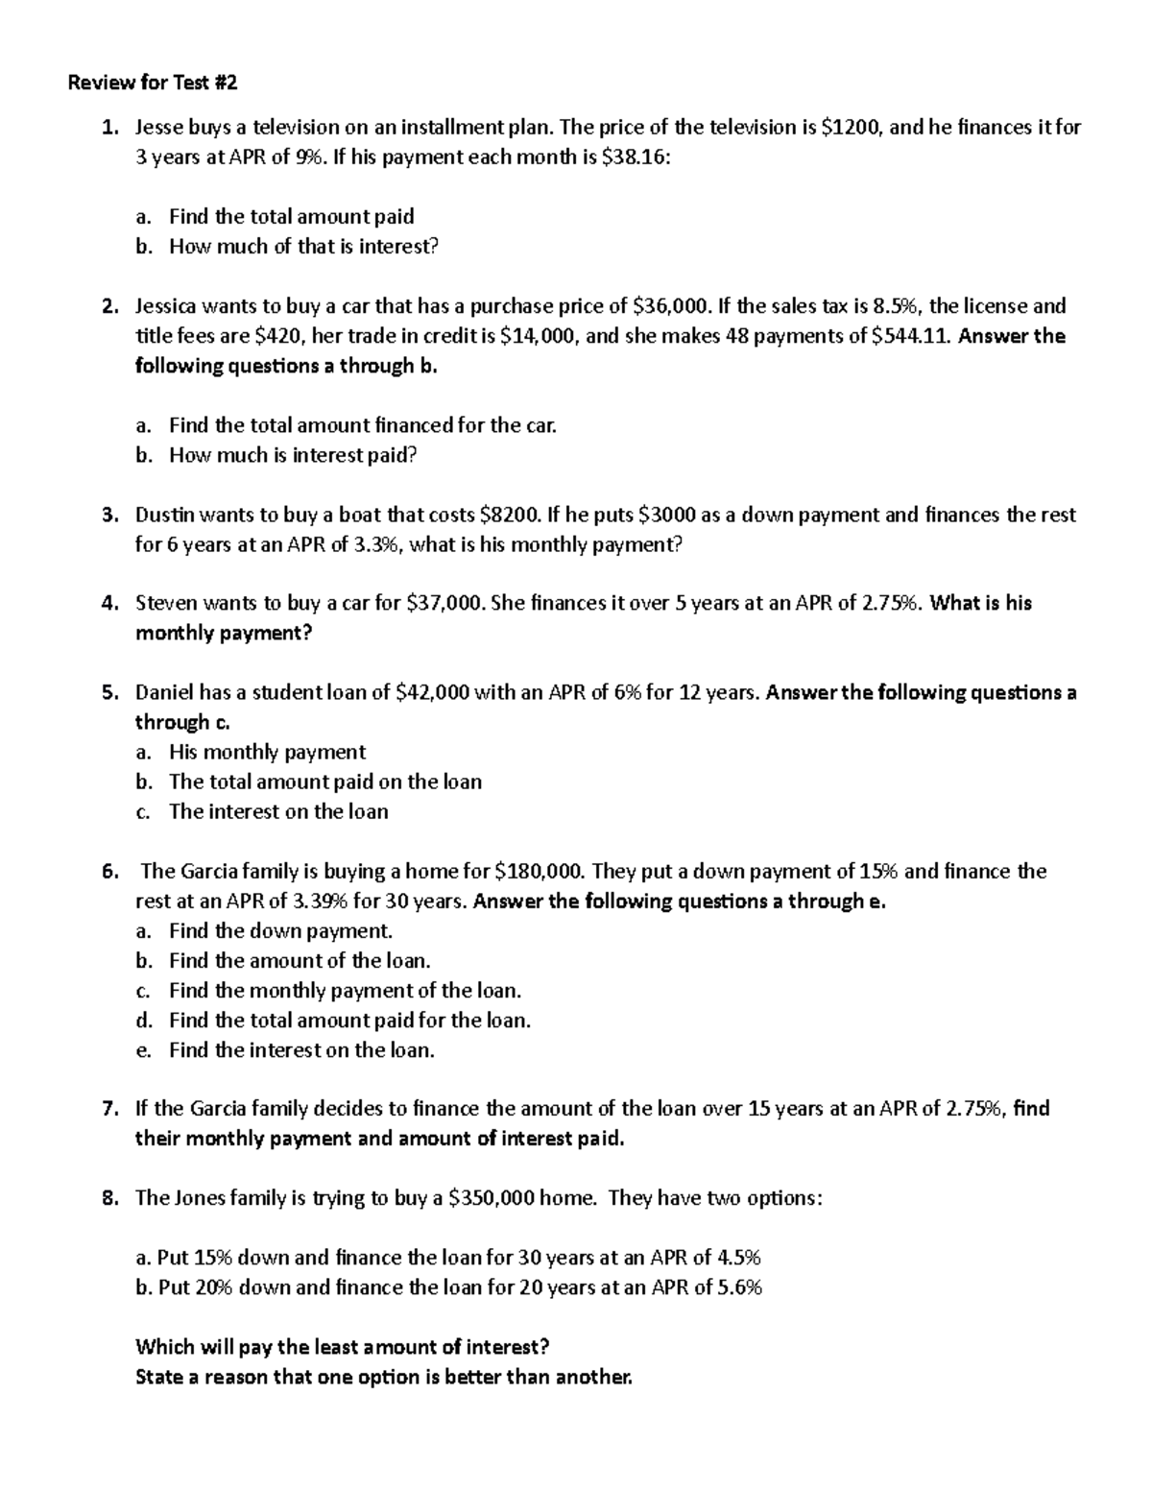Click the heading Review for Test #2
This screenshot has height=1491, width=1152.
[152, 83]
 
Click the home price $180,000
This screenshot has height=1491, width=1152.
[539, 871]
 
